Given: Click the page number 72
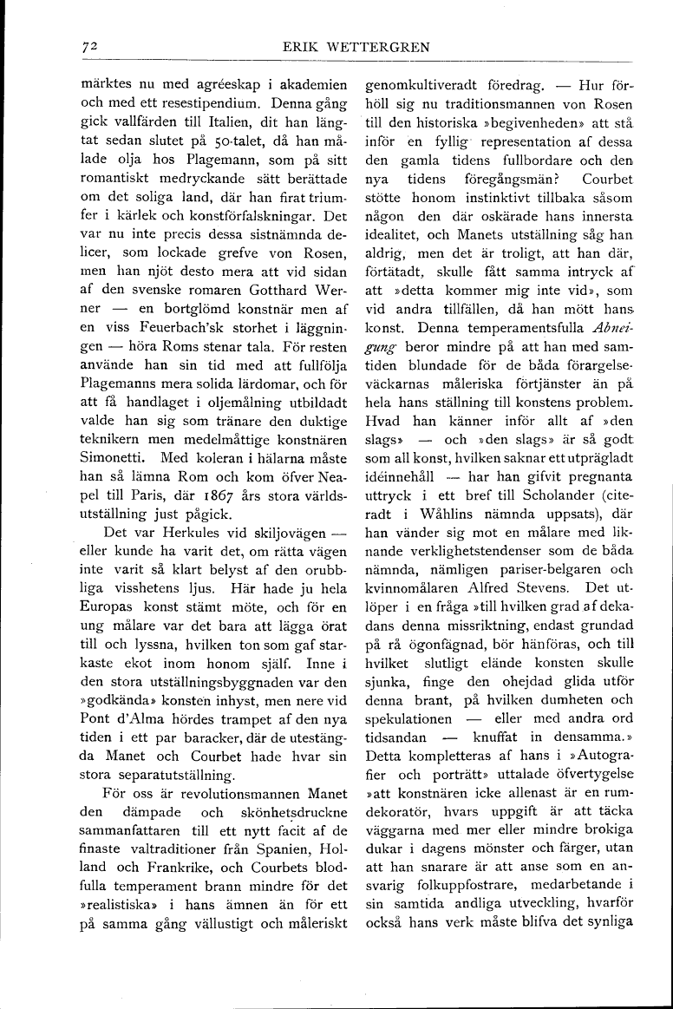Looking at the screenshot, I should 85,48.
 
